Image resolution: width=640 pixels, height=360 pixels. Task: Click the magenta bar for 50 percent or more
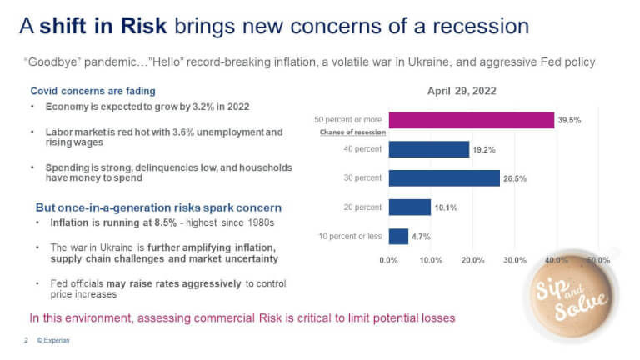click(x=472, y=120)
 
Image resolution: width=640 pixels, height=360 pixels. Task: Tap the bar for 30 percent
click(x=444, y=177)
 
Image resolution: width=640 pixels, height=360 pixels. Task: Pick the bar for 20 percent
click(x=409, y=207)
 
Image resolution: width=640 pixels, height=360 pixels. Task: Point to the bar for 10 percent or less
click(x=398, y=236)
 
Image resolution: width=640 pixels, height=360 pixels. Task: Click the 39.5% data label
click(x=570, y=121)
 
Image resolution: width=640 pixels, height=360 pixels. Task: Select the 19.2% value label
click(x=483, y=150)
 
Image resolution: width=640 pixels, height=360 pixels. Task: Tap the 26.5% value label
click(x=514, y=178)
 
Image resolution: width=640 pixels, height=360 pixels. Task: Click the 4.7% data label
click(x=422, y=237)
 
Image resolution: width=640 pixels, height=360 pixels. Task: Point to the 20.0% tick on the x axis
click(x=472, y=261)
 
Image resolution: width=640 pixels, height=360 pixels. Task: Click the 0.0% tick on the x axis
click(x=388, y=261)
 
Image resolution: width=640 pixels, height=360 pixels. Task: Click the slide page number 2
click(x=26, y=341)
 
